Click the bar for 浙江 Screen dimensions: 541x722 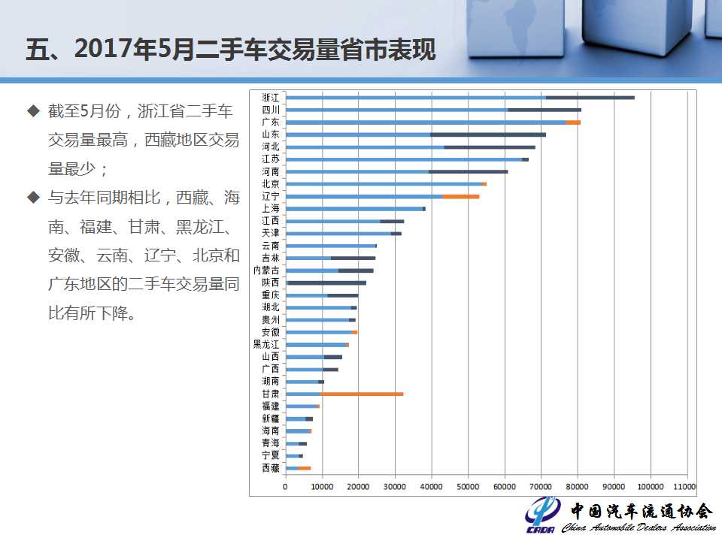click(x=460, y=98)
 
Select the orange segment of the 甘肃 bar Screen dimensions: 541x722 click(x=362, y=394)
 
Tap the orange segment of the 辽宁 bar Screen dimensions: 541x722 click(x=460, y=196)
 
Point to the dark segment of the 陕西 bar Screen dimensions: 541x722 click(x=327, y=283)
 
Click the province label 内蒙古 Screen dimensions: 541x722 click(x=266, y=270)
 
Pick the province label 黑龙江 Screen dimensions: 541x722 click(x=266, y=344)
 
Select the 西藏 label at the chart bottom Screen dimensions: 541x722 click(x=270, y=467)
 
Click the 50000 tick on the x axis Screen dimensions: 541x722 click(x=468, y=486)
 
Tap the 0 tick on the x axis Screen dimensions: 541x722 click(x=286, y=486)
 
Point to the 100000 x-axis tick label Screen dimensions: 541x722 click(x=650, y=486)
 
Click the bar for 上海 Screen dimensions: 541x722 click(x=355, y=209)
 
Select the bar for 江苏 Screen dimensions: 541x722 click(x=406, y=159)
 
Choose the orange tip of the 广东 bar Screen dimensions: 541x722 click(x=573, y=122)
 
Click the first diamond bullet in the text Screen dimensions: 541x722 click(x=32, y=111)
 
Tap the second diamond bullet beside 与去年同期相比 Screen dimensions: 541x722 click(x=32, y=198)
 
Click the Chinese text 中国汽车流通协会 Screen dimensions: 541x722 click(x=642, y=511)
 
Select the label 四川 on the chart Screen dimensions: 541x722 click(x=270, y=110)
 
